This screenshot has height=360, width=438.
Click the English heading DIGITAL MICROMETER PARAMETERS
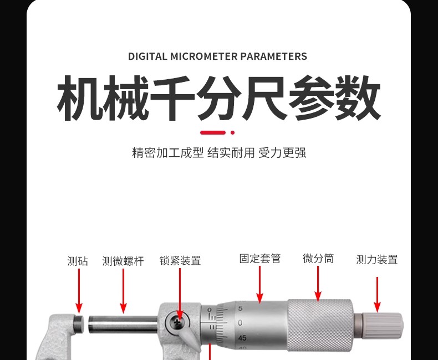pyautogui.click(x=217, y=56)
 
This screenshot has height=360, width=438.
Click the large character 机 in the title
pyautogui.click(x=80, y=99)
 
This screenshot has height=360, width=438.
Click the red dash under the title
pyautogui.click(x=213, y=132)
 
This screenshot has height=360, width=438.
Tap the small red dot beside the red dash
pyautogui.click(x=232, y=132)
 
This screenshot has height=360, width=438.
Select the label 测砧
pyautogui.click(x=78, y=261)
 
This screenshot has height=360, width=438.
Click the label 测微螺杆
pyautogui.click(x=123, y=261)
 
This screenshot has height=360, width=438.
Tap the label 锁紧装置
pyautogui.click(x=180, y=260)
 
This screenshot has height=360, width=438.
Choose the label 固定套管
pyautogui.click(x=260, y=259)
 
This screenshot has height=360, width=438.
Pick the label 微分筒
pyautogui.click(x=318, y=259)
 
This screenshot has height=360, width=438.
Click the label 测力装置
pyautogui.click(x=377, y=259)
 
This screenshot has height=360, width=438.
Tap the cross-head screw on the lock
pyautogui.click(x=178, y=321)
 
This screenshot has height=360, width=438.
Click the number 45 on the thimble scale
pyautogui.click(x=242, y=337)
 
